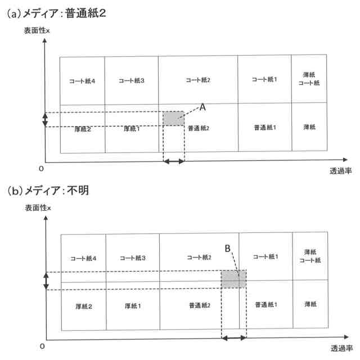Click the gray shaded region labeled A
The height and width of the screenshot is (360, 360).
point(174,119)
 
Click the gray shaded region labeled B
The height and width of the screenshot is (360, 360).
point(233,280)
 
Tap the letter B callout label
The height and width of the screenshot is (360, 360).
point(228,247)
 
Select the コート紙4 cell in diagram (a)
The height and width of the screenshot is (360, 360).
point(83,80)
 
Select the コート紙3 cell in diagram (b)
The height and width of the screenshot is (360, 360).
point(132,258)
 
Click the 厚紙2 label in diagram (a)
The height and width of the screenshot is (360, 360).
point(83,129)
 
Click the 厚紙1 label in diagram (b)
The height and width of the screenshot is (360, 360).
point(132,307)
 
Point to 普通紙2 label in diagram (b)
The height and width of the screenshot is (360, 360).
point(201,307)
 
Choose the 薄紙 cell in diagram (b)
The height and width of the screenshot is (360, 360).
point(309,304)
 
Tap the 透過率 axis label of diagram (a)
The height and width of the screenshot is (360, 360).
point(341,170)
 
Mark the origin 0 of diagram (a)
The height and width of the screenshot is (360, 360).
point(41,168)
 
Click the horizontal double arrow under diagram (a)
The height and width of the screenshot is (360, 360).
point(174,161)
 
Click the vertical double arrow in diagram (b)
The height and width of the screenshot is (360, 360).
point(46,281)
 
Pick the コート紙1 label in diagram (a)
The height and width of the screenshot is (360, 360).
point(264,79)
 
